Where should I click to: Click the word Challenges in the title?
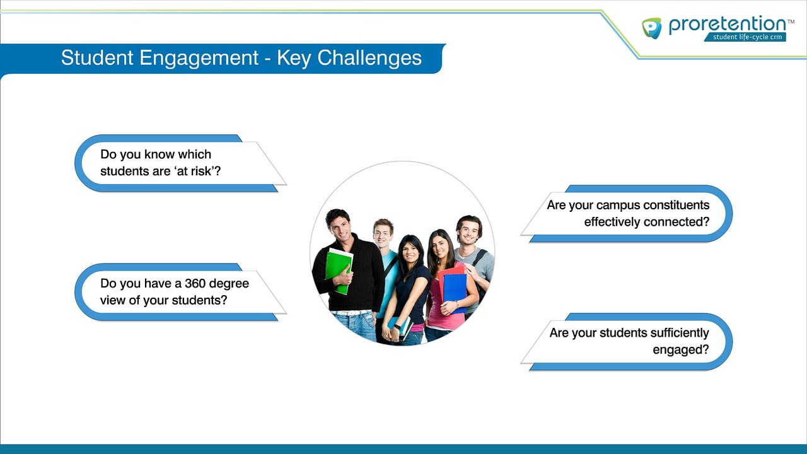[369, 58]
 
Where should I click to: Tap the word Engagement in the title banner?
[199, 58]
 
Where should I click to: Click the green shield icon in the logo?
[652, 28]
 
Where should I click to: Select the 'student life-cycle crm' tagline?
[748, 37]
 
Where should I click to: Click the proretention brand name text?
[728, 25]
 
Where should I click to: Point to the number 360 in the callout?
[195, 284]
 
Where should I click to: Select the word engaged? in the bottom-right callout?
[681, 350]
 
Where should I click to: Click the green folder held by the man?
[339, 271]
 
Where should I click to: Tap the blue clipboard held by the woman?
[455, 291]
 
